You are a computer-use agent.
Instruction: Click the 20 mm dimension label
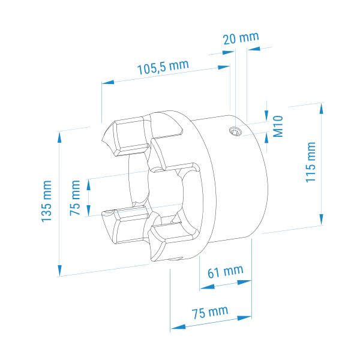[241, 38]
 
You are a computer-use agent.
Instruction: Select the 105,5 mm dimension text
[163, 67]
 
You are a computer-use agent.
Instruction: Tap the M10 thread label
[278, 126]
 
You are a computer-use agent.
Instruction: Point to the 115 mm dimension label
[311, 163]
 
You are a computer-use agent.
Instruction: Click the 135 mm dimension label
[46, 202]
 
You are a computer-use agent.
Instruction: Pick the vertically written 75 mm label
[75, 197]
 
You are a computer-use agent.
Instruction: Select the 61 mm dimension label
[226, 272]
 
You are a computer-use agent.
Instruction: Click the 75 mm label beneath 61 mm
[210, 312]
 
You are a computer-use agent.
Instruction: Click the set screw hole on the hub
[236, 131]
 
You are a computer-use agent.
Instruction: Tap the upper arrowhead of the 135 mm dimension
[59, 137]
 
